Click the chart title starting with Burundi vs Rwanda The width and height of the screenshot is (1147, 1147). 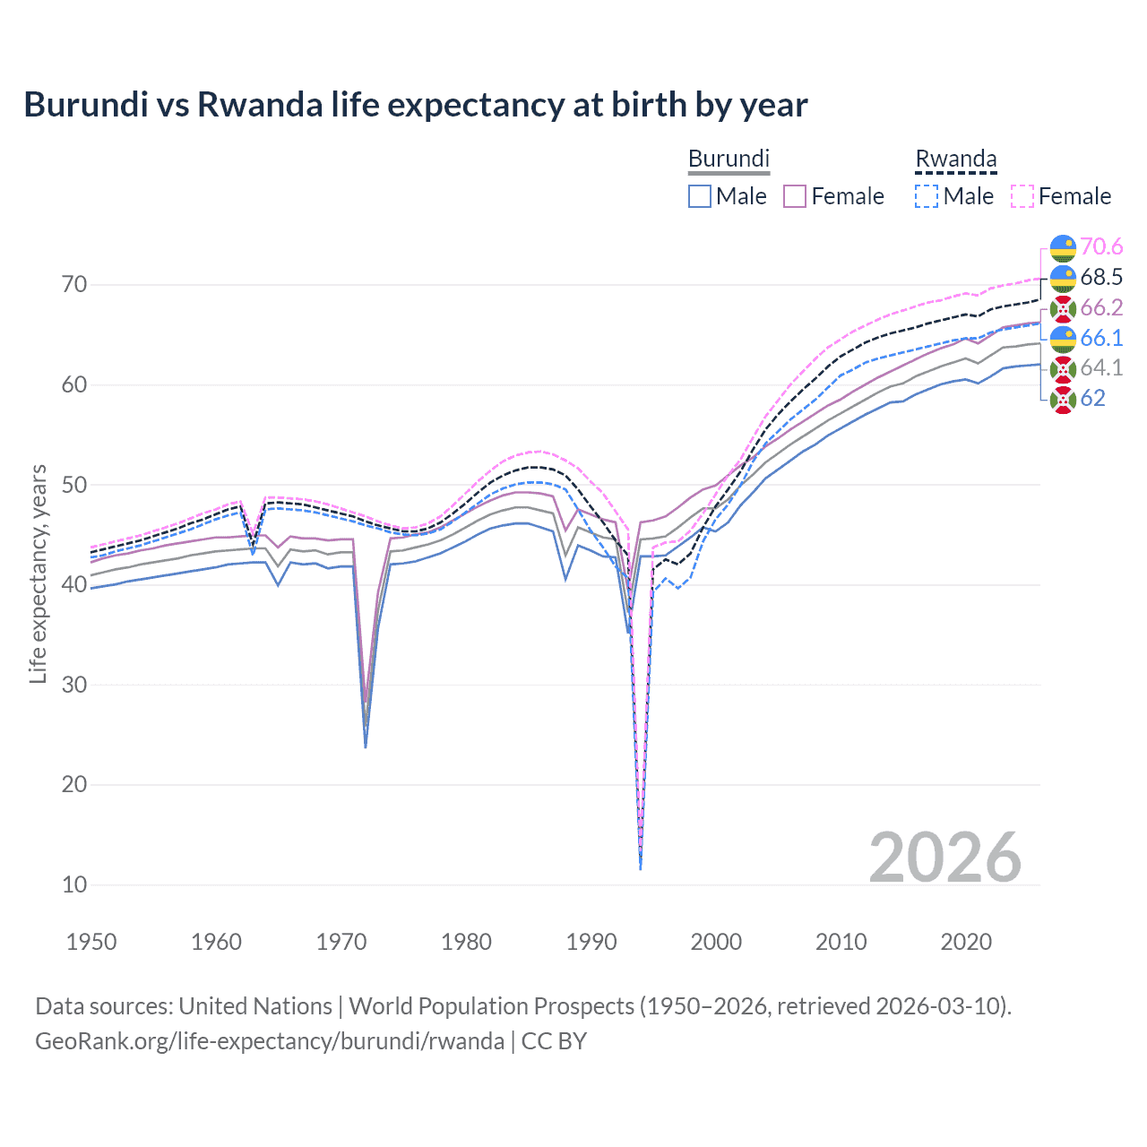pos(415,105)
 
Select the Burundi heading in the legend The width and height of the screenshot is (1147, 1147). pos(729,159)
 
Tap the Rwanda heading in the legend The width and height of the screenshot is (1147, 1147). pos(955,159)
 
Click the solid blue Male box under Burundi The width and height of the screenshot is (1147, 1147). pos(700,196)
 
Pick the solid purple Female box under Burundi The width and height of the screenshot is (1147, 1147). pos(795,196)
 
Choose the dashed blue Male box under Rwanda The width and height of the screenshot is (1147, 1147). pos(927,196)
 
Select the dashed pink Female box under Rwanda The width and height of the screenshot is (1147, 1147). pos(1022,196)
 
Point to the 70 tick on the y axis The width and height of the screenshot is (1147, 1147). pos(74,285)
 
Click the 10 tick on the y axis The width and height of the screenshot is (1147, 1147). pos(74,884)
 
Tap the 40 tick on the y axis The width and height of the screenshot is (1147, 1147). pos(74,585)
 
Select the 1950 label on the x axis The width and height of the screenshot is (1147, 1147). pos(91,942)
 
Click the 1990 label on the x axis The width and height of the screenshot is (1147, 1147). pos(591,942)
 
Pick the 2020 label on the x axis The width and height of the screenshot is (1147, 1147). pos(966,942)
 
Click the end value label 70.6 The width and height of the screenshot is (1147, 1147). pos(1101,246)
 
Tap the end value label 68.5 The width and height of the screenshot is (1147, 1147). pos(1101,277)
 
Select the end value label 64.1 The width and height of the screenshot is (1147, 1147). pos(1101,367)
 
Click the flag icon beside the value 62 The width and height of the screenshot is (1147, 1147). pos(1063,399)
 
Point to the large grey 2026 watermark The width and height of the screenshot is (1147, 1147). pos(944,858)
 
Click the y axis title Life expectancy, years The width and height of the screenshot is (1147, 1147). pos(38,573)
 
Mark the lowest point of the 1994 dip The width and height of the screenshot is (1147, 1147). pos(640,868)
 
